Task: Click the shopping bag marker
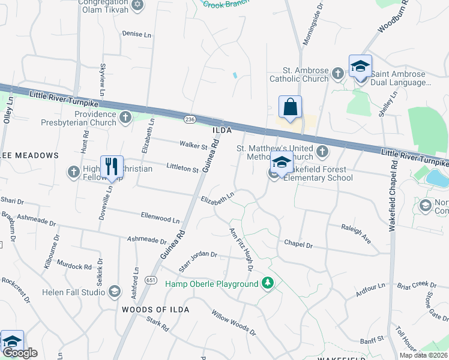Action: click(290, 108)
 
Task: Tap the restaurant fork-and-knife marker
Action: click(112, 167)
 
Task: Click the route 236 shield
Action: click(190, 119)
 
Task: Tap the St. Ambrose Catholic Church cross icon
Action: click(337, 73)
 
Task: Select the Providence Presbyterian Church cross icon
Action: click(125, 117)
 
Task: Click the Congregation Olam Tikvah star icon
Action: click(137, 5)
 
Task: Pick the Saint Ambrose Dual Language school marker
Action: click(360, 67)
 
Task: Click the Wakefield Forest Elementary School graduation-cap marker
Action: click(281, 163)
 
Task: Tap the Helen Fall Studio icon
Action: click(115, 292)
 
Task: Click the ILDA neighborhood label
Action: click(221, 130)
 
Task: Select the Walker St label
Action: click(193, 145)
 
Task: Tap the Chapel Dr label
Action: click(298, 245)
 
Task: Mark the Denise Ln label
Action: click(136, 34)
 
